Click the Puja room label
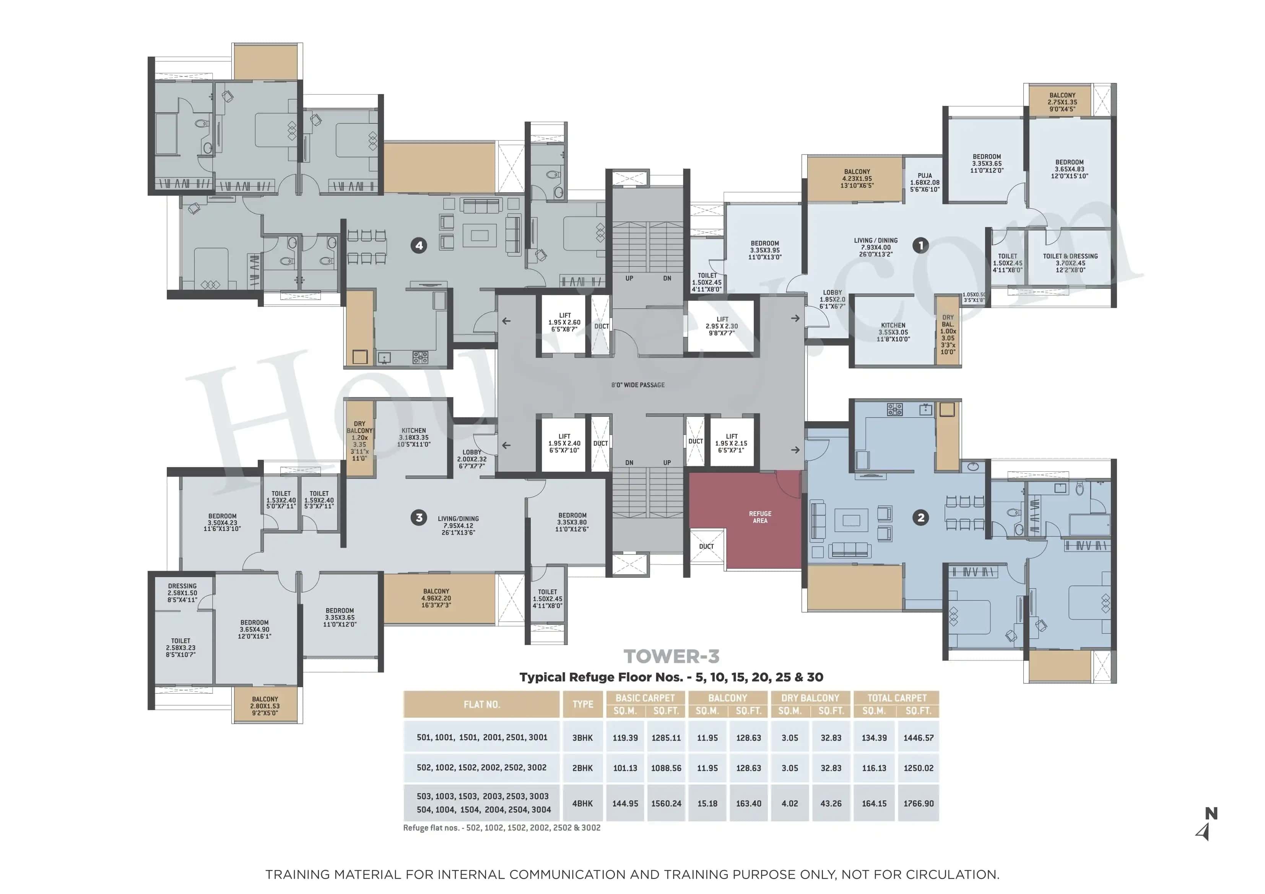(925, 182)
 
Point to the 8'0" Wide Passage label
(637, 385)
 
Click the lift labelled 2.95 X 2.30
(722, 326)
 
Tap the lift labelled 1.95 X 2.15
(731, 443)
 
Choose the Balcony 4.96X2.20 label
(436, 598)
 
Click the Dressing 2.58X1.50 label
(182, 593)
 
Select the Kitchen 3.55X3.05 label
(893, 332)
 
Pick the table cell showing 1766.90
(918, 804)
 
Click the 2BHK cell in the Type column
(582, 768)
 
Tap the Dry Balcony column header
(810, 698)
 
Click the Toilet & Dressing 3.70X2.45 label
(1070, 263)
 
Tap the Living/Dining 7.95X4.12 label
(458, 526)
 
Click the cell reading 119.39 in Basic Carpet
(625, 738)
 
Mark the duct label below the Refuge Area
(706, 547)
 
